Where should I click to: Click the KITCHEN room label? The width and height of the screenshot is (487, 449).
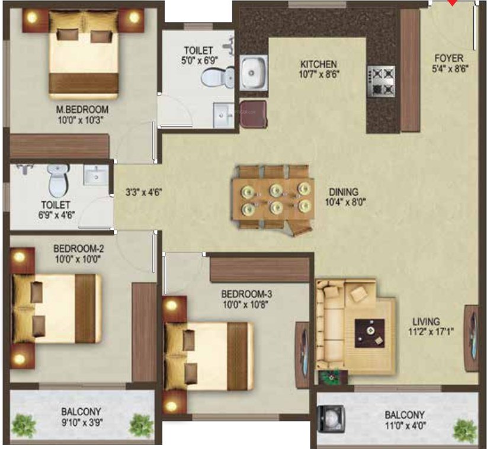tap(318, 65)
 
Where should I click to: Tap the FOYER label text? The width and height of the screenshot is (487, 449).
tap(449, 58)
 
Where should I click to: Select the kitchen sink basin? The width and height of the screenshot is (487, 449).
tap(254, 72)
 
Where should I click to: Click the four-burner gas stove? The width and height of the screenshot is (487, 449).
tap(382, 81)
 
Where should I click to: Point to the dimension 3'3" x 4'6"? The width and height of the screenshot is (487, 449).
tap(144, 192)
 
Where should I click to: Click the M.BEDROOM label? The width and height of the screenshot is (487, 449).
tap(82, 110)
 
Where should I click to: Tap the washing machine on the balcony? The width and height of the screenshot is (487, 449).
tap(331, 419)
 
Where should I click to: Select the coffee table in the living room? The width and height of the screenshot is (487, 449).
tap(370, 333)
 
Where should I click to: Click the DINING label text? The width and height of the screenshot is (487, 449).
tap(344, 191)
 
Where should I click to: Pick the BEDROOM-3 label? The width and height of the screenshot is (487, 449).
tap(246, 294)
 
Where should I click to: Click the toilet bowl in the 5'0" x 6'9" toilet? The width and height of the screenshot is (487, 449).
tap(218, 76)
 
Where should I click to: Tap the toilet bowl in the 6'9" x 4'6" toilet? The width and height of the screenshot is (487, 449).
tap(58, 180)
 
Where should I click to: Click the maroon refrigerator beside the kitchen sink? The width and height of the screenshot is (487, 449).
tap(254, 114)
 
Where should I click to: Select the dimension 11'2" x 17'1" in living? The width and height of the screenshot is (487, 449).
tap(431, 332)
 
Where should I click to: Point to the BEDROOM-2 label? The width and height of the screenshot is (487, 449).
tap(78, 248)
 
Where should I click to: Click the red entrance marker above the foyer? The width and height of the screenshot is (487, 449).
tap(453, 2)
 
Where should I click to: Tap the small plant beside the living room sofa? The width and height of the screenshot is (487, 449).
tap(331, 376)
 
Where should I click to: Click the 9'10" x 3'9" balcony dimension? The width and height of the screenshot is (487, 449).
tap(82, 422)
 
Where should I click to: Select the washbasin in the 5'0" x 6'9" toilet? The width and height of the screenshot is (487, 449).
tap(223, 115)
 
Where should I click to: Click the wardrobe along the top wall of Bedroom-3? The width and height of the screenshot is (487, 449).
tap(260, 269)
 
